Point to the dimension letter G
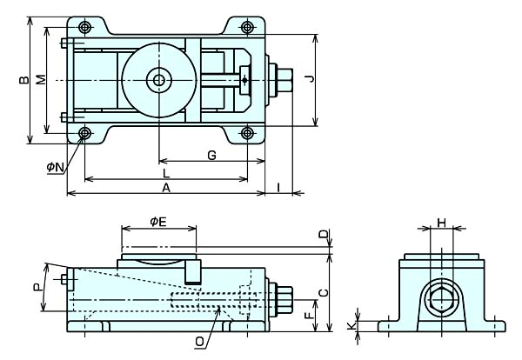(x=211, y=155)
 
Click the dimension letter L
(x=165, y=173)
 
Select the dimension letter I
(x=278, y=186)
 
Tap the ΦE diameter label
(x=157, y=223)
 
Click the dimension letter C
(x=323, y=292)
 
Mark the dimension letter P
(x=37, y=288)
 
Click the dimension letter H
(x=441, y=223)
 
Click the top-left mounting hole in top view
(x=84, y=26)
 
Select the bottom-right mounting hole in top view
(x=247, y=133)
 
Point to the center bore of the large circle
(x=158, y=81)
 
